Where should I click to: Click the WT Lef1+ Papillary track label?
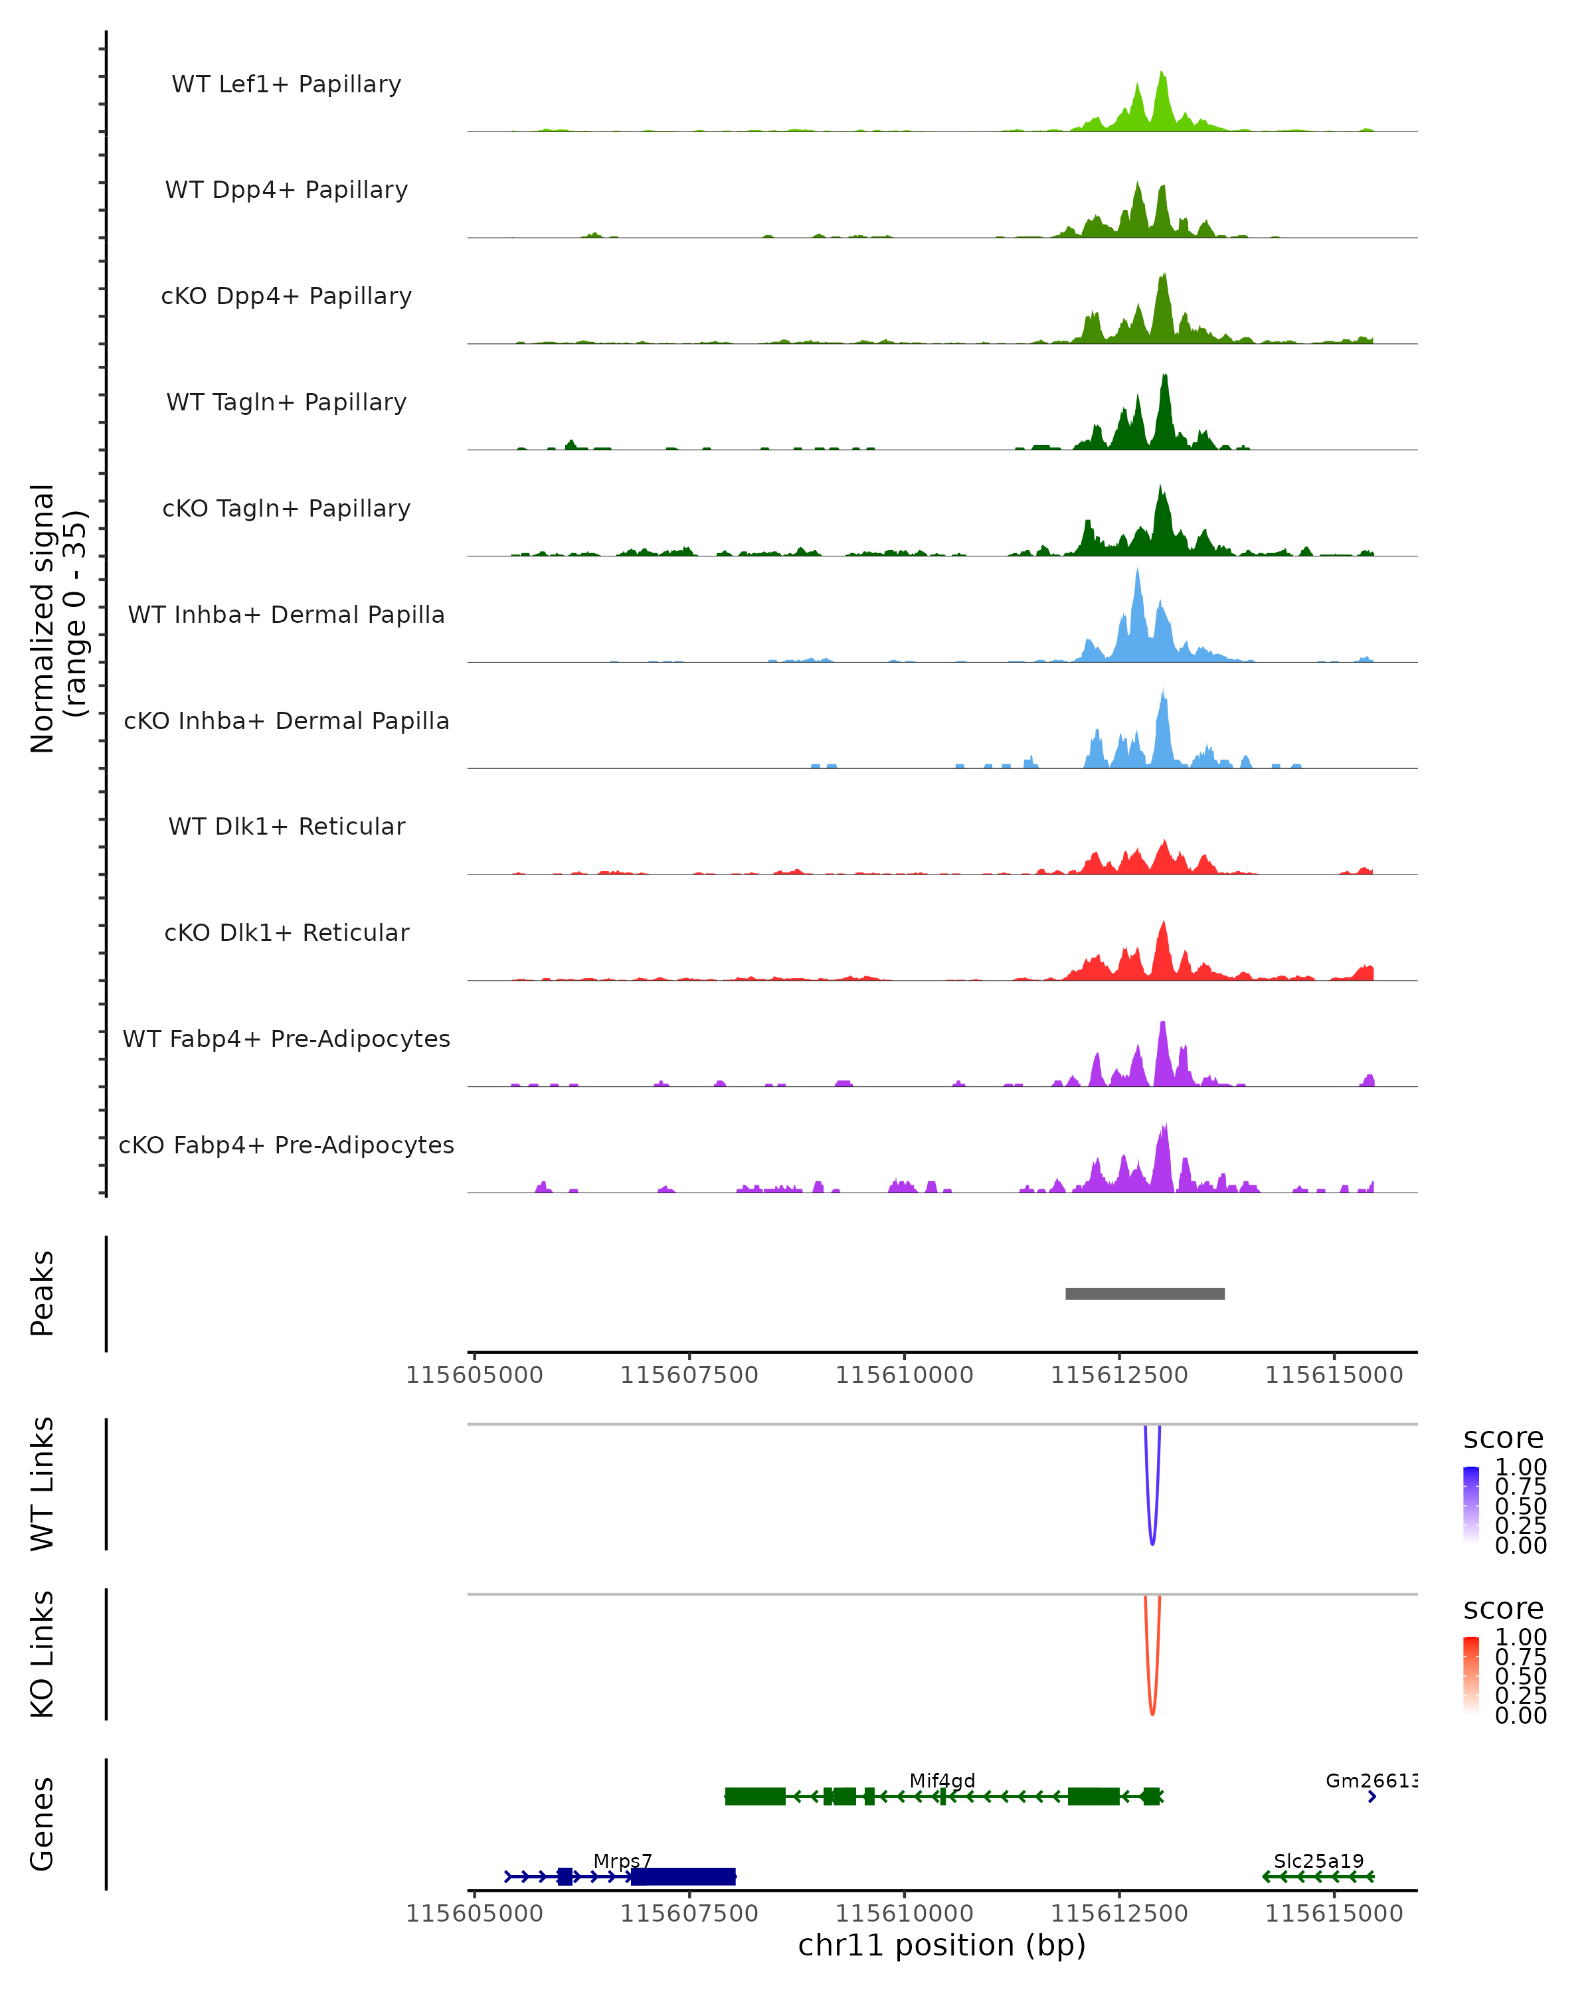tap(286, 84)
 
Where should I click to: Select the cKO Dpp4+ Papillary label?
tap(286, 295)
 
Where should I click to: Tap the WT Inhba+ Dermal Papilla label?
tap(286, 614)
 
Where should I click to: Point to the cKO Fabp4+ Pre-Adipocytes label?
tap(286, 1145)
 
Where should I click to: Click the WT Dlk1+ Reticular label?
tap(286, 826)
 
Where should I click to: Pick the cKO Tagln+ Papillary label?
tap(286, 508)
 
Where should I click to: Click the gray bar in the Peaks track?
tap(1145, 1293)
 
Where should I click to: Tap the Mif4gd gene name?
tap(942, 1780)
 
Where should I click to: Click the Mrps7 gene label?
tap(622, 1861)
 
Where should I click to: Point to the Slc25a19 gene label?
tap(1318, 1861)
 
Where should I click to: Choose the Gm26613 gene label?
tap(1370, 1780)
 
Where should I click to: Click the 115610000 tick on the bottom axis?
tap(904, 1912)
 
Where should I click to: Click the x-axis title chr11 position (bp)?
tap(942, 1945)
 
